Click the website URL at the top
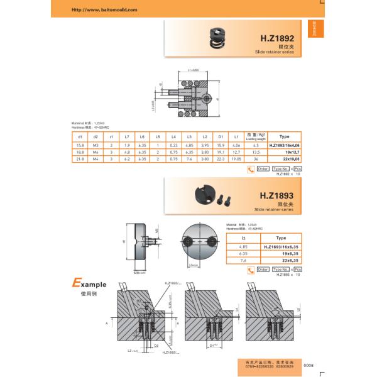coord(103,10)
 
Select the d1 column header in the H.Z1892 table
coord(80,136)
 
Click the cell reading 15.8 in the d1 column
coord(80,145)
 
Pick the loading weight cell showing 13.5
coord(256,152)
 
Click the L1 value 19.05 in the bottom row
coord(236,159)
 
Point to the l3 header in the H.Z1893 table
coord(244,238)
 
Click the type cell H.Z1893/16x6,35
coord(280,247)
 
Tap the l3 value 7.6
coord(244,260)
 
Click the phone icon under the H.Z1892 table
coord(249,169)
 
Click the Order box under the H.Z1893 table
coord(263,270)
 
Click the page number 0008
coord(308,365)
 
